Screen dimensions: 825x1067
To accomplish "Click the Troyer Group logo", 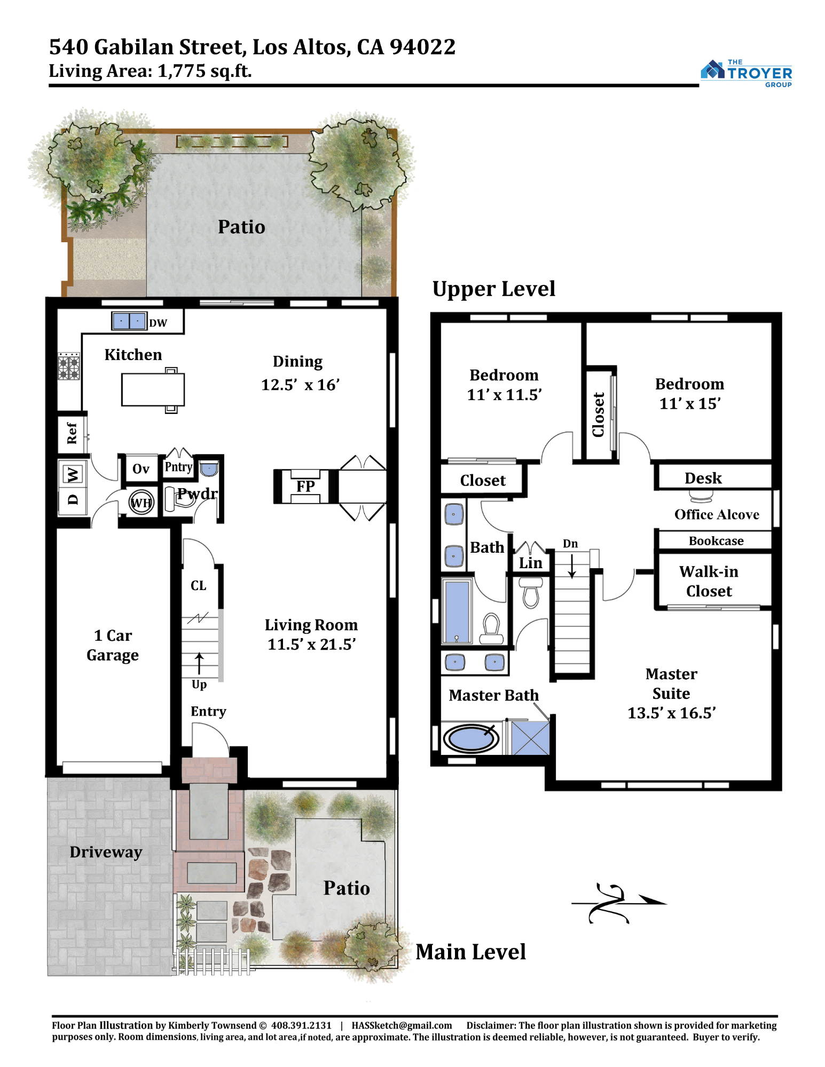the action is pyautogui.click(x=746, y=73).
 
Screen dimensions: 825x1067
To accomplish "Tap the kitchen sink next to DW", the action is pyautogui.click(x=129, y=321).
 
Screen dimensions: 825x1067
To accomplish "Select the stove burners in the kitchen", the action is pyautogui.click(x=69, y=366).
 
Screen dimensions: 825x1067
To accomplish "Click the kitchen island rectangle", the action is pyautogui.click(x=153, y=390).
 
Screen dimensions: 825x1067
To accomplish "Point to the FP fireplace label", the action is pyautogui.click(x=305, y=486).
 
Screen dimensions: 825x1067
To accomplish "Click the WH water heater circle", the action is pyautogui.click(x=141, y=503).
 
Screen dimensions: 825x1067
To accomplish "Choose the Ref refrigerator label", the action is pyautogui.click(x=72, y=433).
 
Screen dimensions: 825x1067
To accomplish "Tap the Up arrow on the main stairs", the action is pyautogui.click(x=199, y=664).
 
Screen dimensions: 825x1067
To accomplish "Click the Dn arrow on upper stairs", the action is pyautogui.click(x=572, y=566).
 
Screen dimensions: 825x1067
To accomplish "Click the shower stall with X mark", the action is pyautogui.click(x=530, y=738).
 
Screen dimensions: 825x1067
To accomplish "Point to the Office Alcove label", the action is pyautogui.click(x=717, y=514).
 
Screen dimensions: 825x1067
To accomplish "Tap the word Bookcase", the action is pyautogui.click(x=716, y=541).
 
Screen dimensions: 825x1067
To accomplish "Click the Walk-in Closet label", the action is pyautogui.click(x=709, y=582).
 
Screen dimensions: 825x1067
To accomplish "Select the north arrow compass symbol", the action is pyautogui.click(x=618, y=903).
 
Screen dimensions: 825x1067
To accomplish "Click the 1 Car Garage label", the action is pyautogui.click(x=113, y=645).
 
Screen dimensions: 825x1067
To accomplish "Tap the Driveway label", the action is pyautogui.click(x=106, y=852).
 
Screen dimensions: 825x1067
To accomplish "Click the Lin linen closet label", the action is pyautogui.click(x=530, y=563).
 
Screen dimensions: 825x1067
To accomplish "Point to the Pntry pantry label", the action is pyautogui.click(x=178, y=467).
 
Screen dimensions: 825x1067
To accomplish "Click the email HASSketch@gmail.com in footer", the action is pyautogui.click(x=402, y=1025).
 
